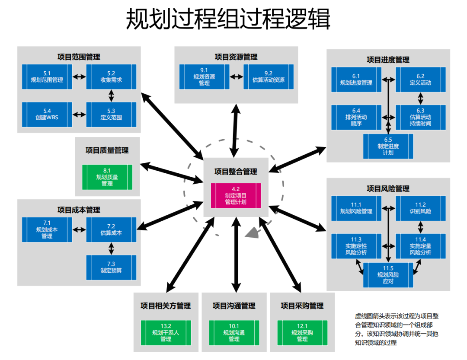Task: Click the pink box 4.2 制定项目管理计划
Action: tap(236, 195)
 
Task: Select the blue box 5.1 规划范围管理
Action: tap(47, 76)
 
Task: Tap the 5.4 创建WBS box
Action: tap(47, 114)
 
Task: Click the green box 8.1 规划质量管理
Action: tap(107, 177)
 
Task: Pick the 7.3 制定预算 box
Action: tap(111, 267)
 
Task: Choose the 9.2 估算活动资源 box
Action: tap(269, 76)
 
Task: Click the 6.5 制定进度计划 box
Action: tap(388, 146)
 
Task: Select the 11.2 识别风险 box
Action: tap(420, 208)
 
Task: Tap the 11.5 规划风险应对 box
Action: tap(388, 275)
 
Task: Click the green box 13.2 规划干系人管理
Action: tap(166, 332)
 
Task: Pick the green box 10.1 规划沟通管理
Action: tap(234, 332)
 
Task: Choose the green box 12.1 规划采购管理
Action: tap(302, 332)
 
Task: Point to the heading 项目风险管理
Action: tap(388, 188)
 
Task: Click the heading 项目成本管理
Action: tap(79, 210)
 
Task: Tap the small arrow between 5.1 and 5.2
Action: tap(79, 77)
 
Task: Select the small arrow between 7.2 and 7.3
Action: tap(112, 248)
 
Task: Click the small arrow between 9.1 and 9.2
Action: tap(237, 77)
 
